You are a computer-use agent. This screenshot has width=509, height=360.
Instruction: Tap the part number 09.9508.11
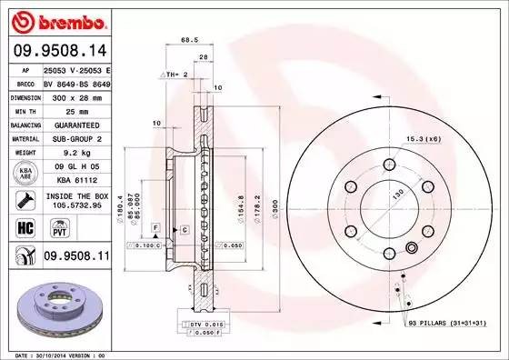(x=76, y=258)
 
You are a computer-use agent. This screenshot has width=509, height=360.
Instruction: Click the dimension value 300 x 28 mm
(x=76, y=96)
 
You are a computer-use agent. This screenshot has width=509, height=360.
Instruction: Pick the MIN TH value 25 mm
(x=76, y=110)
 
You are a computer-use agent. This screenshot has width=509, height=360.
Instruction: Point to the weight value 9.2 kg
(x=76, y=152)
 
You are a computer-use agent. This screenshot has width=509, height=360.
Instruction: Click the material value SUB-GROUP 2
(x=76, y=138)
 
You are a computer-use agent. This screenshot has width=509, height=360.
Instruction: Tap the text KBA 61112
(x=76, y=180)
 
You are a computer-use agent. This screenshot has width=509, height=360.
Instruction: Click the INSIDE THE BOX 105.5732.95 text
(x=76, y=200)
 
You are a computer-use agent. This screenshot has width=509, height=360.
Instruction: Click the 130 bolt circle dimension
(x=396, y=195)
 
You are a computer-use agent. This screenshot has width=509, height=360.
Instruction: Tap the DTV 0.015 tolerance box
(x=201, y=324)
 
